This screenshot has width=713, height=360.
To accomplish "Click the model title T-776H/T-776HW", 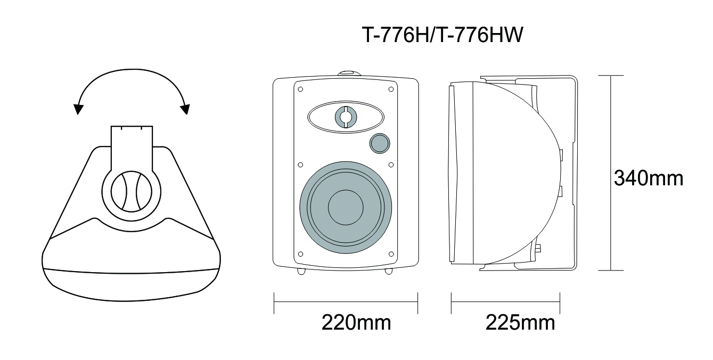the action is pos(442,35).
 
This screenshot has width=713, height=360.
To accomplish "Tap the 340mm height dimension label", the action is pos(649,178).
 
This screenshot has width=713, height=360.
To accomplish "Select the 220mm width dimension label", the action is pos(356,323).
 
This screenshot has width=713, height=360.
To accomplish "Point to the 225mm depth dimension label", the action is pos(520,323).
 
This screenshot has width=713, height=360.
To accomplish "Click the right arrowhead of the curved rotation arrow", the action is pos(185,109).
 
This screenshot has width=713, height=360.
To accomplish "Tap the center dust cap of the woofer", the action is pos(346,208).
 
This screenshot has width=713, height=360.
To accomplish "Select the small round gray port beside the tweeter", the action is pos(380,144).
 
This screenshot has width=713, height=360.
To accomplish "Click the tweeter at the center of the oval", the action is pos(346,117).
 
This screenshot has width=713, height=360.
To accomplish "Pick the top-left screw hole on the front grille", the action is pos(300,89).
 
